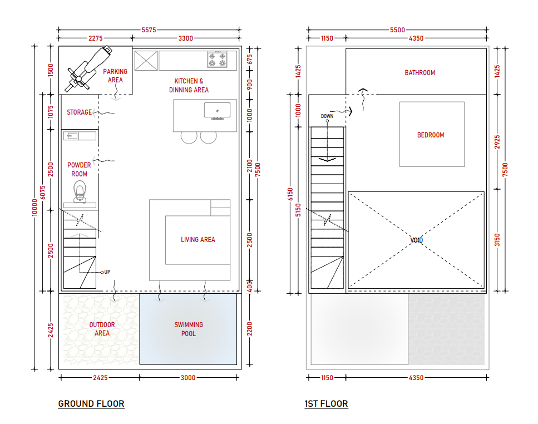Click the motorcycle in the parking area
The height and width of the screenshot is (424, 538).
(x=89, y=68)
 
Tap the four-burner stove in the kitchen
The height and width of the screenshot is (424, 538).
(x=217, y=60)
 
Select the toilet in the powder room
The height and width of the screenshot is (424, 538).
(x=80, y=191)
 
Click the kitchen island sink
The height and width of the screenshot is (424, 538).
(x=217, y=111)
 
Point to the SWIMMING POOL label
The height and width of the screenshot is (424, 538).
(x=189, y=329)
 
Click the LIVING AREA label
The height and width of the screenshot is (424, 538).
(x=198, y=240)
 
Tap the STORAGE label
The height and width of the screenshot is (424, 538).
(x=79, y=112)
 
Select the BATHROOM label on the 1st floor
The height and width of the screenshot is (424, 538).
(x=419, y=73)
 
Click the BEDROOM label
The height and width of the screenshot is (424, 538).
(x=431, y=135)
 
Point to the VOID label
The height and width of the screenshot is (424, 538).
(x=417, y=240)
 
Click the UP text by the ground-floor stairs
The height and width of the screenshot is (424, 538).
(x=107, y=272)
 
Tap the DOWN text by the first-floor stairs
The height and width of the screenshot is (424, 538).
(x=327, y=116)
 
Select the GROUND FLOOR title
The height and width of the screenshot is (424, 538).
(x=91, y=404)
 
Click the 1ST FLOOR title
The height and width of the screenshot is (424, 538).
(x=326, y=404)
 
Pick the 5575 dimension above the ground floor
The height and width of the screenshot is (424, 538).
(x=149, y=30)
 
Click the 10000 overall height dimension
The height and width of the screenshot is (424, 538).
(x=34, y=207)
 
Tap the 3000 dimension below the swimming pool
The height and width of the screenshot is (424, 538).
(x=188, y=378)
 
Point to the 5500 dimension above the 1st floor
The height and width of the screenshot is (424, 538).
(x=397, y=30)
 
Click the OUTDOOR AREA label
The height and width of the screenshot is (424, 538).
(x=102, y=329)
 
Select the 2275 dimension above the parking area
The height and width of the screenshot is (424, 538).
(x=95, y=38)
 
